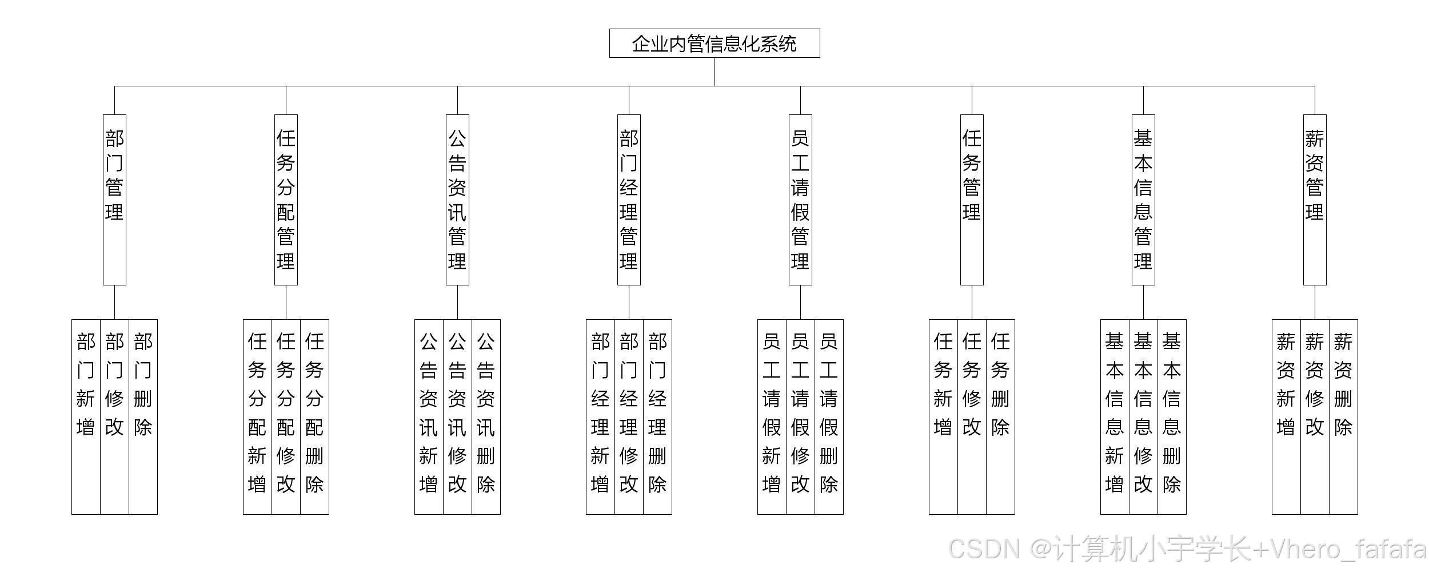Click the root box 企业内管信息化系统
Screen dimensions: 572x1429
click(x=714, y=43)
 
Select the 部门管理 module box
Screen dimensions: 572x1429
click(x=114, y=199)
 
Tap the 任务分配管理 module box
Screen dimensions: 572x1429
click(x=286, y=199)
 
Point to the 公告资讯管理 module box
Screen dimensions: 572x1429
click(x=457, y=199)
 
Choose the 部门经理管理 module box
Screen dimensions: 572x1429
click(x=629, y=199)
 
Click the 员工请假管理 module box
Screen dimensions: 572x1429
click(x=800, y=199)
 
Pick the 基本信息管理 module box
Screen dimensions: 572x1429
click(x=1143, y=199)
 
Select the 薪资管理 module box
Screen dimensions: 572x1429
click(x=1315, y=199)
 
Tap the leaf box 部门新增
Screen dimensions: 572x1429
click(x=86, y=416)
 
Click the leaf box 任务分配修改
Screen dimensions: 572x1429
click(x=286, y=416)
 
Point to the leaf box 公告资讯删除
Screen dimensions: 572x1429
click(x=486, y=416)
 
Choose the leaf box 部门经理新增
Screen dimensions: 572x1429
click(x=600, y=416)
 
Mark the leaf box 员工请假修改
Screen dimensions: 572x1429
click(x=800, y=416)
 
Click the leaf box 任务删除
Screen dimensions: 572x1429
click(x=1000, y=416)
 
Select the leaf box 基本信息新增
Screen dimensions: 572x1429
click(x=1115, y=416)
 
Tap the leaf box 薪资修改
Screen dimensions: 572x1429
click(x=1315, y=416)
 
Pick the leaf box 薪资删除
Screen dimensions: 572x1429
click(x=1343, y=416)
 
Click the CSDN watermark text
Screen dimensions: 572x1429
click(x=1187, y=549)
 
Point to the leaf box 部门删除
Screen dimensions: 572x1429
click(x=143, y=416)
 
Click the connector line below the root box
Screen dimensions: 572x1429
click(x=714, y=71)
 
